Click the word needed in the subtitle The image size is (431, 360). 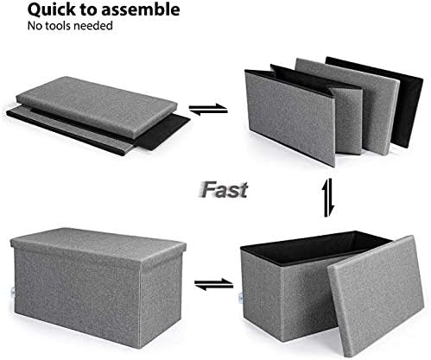92,26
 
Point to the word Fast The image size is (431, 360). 224,190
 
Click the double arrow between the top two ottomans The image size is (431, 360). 208,110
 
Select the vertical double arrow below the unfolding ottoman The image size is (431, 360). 328,198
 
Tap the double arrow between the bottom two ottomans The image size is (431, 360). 213,284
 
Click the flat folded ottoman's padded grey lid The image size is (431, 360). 96,105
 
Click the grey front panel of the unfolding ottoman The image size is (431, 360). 289,118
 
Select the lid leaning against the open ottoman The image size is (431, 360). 376,296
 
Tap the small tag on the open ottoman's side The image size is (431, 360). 241,298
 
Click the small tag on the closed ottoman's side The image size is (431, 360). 12,292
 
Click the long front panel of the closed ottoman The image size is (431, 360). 77,295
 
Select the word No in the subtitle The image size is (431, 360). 34,26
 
